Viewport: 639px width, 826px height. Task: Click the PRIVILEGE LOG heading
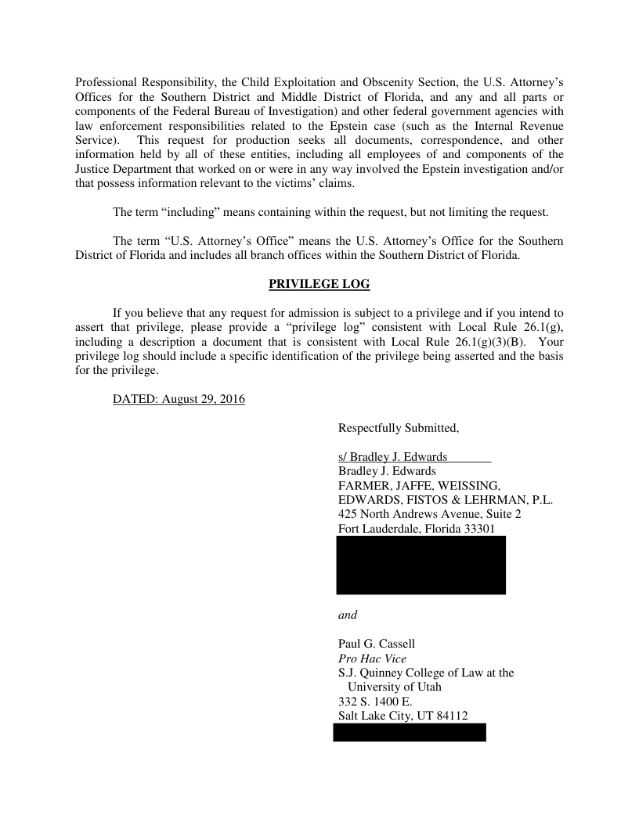click(319, 284)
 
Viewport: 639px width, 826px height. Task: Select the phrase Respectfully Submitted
click(398, 428)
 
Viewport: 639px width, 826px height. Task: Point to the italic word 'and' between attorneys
click(348, 615)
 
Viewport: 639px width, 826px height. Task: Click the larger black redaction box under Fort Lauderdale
click(421, 565)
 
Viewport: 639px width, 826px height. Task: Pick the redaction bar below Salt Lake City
click(410, 732)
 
